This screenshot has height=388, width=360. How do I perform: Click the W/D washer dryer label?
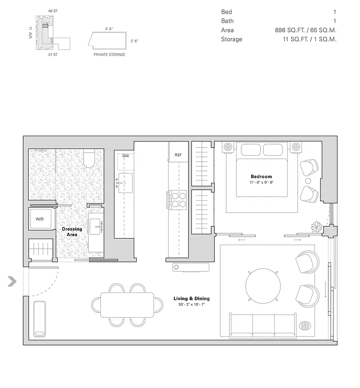tap(39, 219)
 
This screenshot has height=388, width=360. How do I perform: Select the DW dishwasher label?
tap(125, 156)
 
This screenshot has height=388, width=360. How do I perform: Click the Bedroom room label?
tap(261, 177)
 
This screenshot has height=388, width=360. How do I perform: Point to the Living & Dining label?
tap(191, 299)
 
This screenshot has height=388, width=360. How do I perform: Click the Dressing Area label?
tap(72, 232)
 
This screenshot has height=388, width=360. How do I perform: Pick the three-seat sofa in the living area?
tap(264, 325)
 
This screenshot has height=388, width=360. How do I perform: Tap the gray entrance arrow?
tap(12, 281)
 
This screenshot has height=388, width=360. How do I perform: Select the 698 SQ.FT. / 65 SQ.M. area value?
tap(305, 30)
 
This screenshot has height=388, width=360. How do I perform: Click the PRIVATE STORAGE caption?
tap(110, 55)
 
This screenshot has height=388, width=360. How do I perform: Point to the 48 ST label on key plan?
tap(53, 10)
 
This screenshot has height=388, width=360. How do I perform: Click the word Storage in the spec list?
tap(232, 39)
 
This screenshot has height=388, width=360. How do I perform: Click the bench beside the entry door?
tap(39, 319)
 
